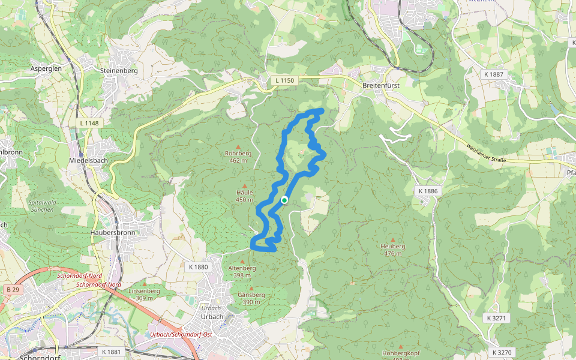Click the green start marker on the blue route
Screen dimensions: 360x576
click(x=284, y=200)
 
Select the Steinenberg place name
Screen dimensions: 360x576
click(x=119, y=70)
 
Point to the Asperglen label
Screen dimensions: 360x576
click(x=46, y=69)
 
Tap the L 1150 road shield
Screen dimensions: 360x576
click(x=286, y=80)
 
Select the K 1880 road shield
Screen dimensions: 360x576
click(x=197, y=267)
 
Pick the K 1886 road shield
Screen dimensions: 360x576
click(x=427, y=191)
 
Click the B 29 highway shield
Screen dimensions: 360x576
click(x=12, y=290)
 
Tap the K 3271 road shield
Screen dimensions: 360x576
click(x=497, y=318)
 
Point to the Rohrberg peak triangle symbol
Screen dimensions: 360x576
click(x=238, y=146)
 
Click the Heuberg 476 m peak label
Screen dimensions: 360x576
click(x=393, y=250)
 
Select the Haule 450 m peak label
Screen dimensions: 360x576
click(x=244, y=196)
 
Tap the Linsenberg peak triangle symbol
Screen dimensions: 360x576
click(x=145, y=284)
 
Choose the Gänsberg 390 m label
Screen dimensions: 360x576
click(x=251, y=298)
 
